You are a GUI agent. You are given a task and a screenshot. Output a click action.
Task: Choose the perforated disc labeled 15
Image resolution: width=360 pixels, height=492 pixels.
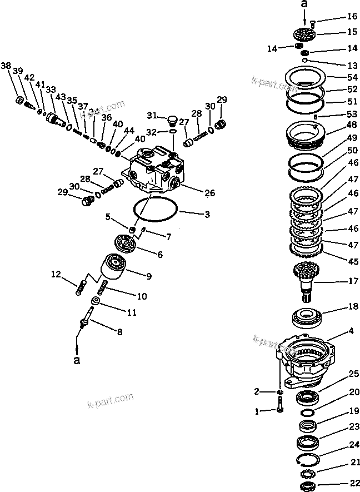coord(305,34)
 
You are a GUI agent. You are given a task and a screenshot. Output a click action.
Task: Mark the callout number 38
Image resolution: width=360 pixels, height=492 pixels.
coord(6,66)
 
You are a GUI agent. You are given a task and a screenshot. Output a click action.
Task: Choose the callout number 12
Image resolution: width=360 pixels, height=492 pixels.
coord(56,274)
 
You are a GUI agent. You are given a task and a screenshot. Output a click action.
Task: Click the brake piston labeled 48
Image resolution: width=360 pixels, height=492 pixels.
coord(305,135)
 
